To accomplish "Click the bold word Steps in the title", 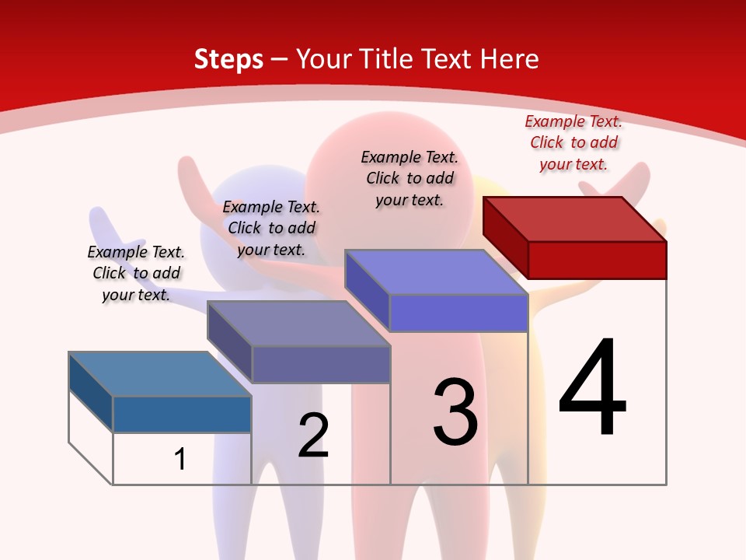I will pyautogui.click(x=228, y=59).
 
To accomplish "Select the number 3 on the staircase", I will pyautogui.click(x=455, y=412).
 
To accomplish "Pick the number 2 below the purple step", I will pyautogui.click(x=314, y=436).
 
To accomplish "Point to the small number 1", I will pyautogui.click(x=180, y=459).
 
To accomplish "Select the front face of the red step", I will pyautogui.click(x=597, y=260).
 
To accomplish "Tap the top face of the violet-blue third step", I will pyautogui.click(x=435, y=272).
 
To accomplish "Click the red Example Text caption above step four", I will pyautogui.click(x=573, y=142).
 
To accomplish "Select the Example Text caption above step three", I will pyautogui.click(x=410, y=178).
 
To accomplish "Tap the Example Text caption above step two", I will pyautogui.click(x=271, y=228).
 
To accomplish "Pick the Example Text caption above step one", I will pyautogui.click(x=136, y=273).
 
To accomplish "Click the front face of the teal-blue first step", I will pyautogui.click(x=182, y=415).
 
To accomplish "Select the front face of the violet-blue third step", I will pyautogui.click(x=458, y=313).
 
